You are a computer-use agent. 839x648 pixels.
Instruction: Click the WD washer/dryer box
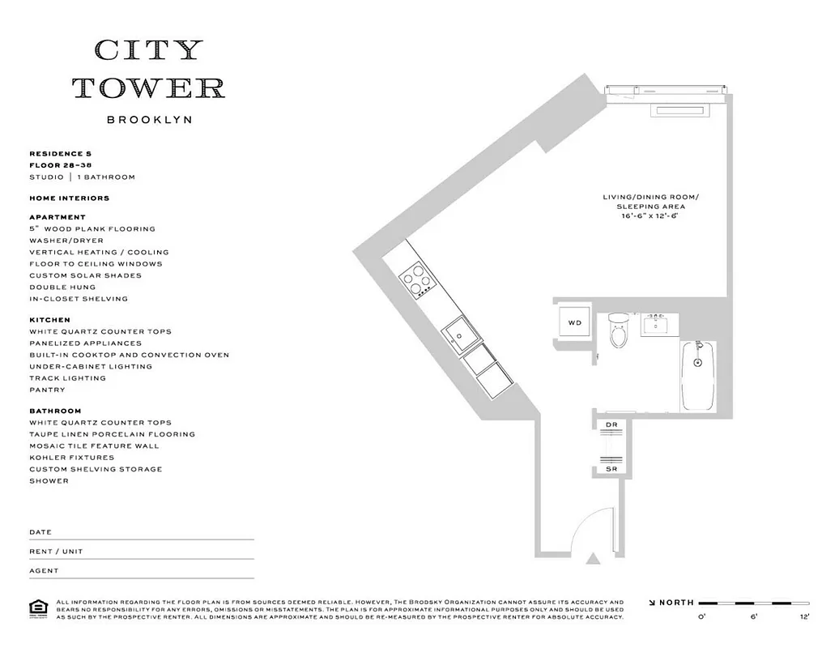[x=574, y=322]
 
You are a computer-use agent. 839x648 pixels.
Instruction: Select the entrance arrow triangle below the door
[x=595, y=558]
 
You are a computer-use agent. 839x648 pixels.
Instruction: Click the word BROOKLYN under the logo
[x=149, y=120]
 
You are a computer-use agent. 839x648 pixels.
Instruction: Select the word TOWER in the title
[x=149, y=87]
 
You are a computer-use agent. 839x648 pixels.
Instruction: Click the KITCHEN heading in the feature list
[x=49, y=320]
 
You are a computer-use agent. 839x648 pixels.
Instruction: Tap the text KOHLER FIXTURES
[x=71, y=458]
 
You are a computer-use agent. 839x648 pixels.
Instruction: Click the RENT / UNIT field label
[x=56, y=552]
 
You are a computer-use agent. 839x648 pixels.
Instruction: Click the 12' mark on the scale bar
[x=803, y=617]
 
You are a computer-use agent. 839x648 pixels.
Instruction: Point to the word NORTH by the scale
[x=676, y=603]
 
